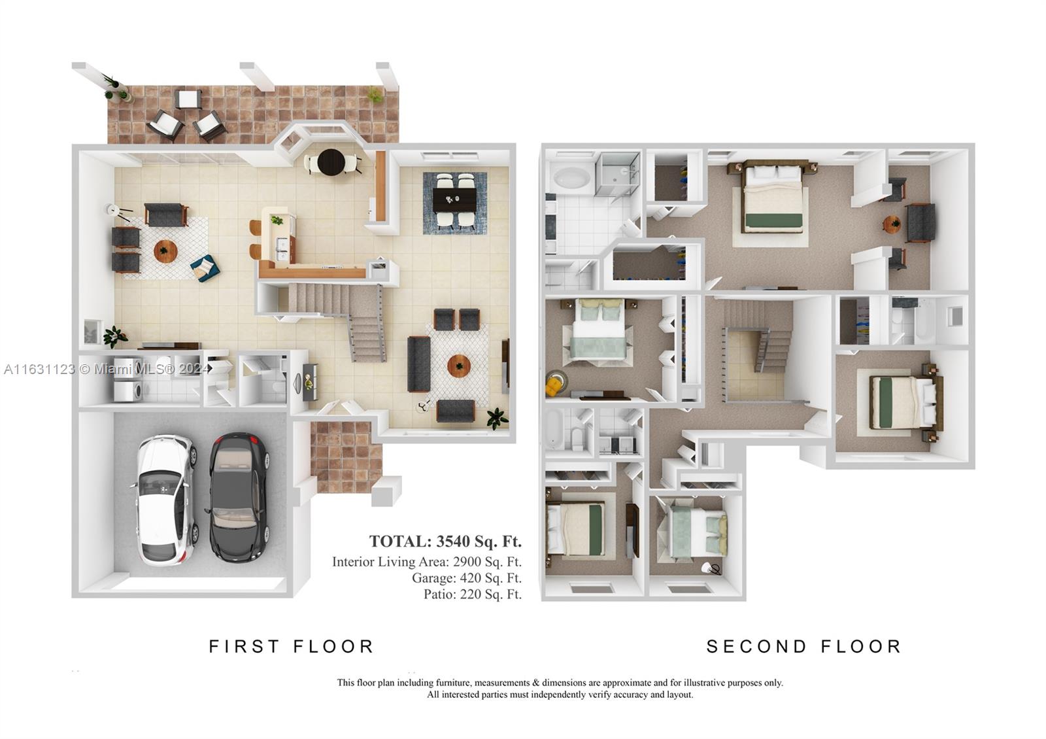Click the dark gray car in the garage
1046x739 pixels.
coord(239,498)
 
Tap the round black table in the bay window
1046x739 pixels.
coord(331,162)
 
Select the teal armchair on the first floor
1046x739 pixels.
coord(205,268)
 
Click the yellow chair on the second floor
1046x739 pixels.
coord(556,384)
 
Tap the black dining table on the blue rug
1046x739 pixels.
coord(454,200)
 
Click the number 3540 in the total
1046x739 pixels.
coord(453,541)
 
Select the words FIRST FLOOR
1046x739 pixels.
coord(292,647)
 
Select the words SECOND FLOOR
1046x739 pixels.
coord(803,647)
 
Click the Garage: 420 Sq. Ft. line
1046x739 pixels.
coord(467,578)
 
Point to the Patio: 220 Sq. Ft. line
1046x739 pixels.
coord(473,594)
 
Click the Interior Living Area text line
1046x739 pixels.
coord(427,562)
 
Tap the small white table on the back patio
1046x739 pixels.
coord(188,99)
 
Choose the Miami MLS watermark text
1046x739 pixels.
coord(107,369)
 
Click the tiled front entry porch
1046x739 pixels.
coord(346,456)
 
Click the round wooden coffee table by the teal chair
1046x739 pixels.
coord(165,251)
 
